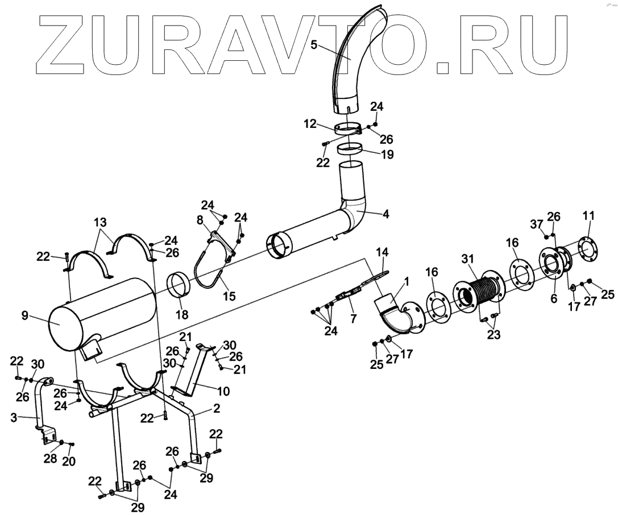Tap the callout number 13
[100, 221]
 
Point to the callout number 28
[50, 458]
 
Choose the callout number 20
[69, 462]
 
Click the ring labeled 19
[351, 149]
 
